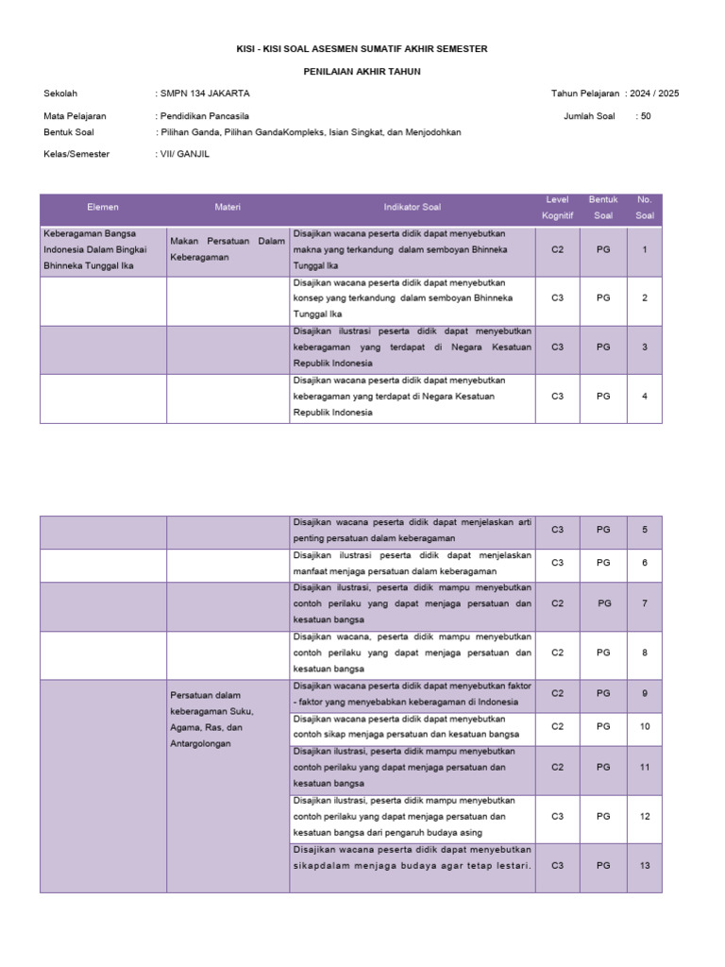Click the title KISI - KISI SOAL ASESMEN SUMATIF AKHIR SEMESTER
[362, 48]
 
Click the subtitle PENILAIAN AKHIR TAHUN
[362, 71]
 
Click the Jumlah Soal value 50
[646, 116]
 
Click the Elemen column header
[103, 207]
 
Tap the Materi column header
[228, 207]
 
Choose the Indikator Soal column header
[412, 207]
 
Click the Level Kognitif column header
[557, 208]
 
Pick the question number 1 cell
[644, 249]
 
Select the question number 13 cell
[644, 865]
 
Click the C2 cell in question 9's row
[557, 693]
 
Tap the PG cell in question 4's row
[603, 396]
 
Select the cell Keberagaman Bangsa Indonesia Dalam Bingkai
[102, 249]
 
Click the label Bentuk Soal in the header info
[69, 132]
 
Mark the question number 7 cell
[644, 602]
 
